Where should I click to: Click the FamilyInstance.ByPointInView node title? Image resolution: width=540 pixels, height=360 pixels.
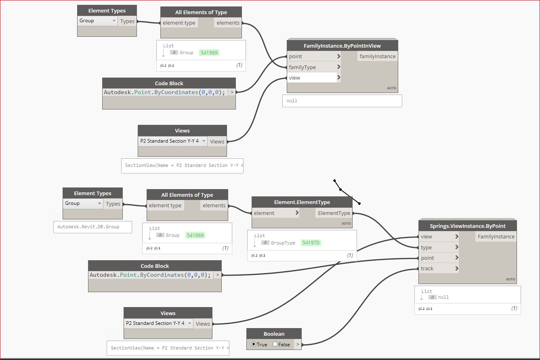coord(342,46)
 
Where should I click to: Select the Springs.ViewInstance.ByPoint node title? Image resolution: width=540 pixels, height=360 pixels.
coord(467,226)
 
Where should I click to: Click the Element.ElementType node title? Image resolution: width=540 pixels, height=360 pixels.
coord(302,202)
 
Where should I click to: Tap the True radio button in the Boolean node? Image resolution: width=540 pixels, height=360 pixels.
coord(253,344)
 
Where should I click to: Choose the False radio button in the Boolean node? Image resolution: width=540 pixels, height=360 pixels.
coord(275,344)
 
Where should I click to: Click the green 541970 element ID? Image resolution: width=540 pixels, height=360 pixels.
coord(311,242)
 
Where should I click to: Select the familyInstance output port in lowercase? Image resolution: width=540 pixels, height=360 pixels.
coord(378,56)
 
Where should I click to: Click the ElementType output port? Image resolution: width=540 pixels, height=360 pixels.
coord(334,213)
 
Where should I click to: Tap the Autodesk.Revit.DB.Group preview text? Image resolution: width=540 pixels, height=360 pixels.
coord(88,227)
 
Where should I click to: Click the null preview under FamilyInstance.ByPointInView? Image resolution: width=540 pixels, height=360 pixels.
coord(292,101)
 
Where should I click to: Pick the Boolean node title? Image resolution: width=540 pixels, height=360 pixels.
coord(274,334)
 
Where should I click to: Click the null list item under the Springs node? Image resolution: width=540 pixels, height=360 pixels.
coord(443,297)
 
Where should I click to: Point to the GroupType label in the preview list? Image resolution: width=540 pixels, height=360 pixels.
coord(283,243)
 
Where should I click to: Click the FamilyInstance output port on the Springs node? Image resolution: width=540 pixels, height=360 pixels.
coord(496,236)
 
